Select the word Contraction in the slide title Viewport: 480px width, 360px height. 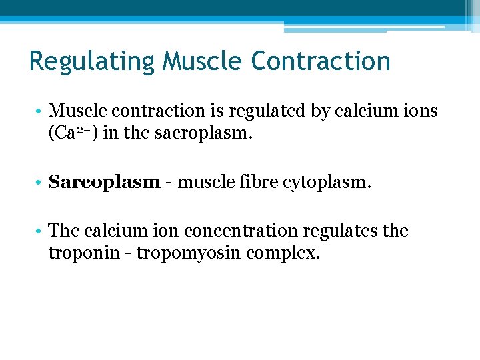pyautogui.click(x=321, y=61)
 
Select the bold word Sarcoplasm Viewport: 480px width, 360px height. pyautogui.click(x=104, y=182)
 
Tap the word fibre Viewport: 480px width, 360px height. pyautogui.click(x=260, y=181)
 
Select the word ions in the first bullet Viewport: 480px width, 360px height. pyautogui.click(x=421, y=111)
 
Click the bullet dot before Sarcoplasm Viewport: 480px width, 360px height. pyautogui.click(x=40, y=182)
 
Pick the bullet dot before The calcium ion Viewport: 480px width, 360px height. pyautogui.click(x=40, y=231)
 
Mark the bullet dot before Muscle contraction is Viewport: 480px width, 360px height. pyautogui.click(x=40, y=111)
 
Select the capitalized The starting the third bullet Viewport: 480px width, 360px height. pyautogui.click(x=64, y=231)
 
